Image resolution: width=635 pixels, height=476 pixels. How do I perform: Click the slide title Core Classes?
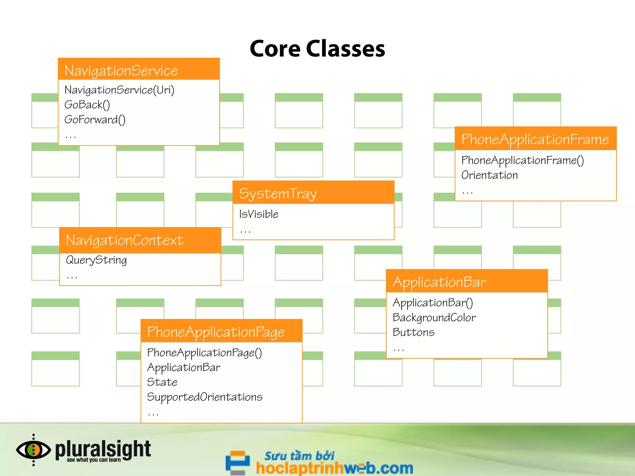(x=317, y=49)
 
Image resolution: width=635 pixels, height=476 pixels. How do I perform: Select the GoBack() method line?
(x=87, y=105)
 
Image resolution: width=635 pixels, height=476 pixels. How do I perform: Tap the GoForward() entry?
(x=95, y=120)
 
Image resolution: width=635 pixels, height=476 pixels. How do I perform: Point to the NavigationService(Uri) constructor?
(x=119, y=90)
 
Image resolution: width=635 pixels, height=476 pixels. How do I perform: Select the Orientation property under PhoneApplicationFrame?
(x=489, y=175)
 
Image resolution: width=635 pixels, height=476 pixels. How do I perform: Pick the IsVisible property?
(x=259, y=214)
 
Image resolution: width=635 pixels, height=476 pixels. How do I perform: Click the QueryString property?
(x=96, y=260)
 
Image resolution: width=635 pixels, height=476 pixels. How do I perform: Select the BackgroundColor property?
(x=434, y=317)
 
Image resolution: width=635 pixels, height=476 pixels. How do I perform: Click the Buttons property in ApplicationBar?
(x=413, y=332)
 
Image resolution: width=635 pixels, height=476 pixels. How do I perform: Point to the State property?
(x=162, y=382)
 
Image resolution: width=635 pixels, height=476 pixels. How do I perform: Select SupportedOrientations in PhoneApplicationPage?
(x=205, y=397)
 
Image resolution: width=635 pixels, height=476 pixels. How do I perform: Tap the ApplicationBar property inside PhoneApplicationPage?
(x=184, y=367)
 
